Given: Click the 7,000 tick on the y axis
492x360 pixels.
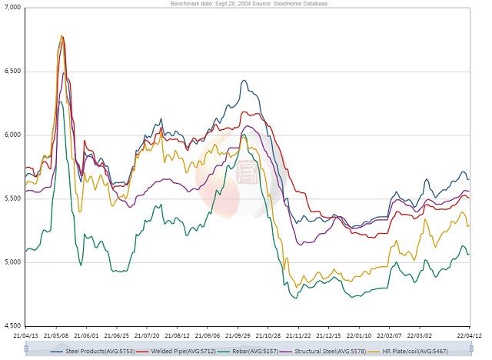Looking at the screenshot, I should [12, 8].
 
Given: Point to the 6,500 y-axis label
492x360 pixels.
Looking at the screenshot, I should [12, 72].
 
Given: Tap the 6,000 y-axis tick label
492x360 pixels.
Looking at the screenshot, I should [12, 135].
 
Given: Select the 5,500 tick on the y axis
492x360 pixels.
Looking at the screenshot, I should [12, 198].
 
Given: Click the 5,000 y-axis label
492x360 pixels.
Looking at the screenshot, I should [12, 262].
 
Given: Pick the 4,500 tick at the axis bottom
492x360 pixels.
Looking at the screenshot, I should [12, 325].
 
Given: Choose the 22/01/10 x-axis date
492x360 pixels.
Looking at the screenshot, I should [357, 335].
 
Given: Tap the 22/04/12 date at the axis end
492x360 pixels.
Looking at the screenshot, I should [469, 335].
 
